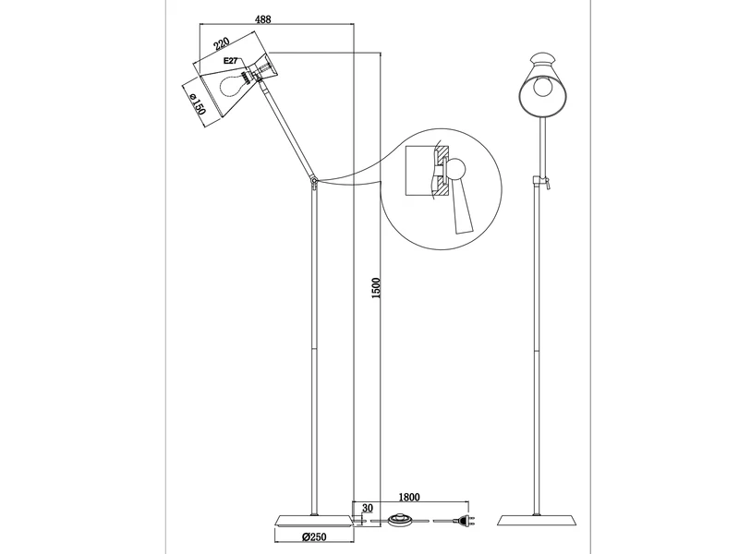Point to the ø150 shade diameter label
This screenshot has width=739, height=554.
click(197, 100)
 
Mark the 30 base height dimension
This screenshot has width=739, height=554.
click(367, 507)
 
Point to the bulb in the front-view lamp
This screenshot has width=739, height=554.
click(539, 91)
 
